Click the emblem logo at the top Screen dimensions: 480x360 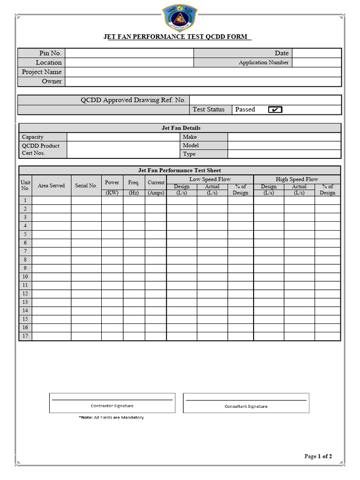180,17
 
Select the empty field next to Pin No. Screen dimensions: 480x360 129,53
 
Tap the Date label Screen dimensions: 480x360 281,53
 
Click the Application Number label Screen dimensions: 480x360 263,62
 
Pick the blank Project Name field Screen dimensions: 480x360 202,72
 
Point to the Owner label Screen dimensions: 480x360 52,81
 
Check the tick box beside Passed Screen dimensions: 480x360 275,110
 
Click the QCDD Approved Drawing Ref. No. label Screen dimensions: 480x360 133,100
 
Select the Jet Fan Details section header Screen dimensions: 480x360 180,127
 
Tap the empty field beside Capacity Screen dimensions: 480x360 123,137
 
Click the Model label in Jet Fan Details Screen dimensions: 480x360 191,145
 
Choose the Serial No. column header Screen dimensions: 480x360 86,186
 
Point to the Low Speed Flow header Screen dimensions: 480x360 210,179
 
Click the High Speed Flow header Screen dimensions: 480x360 297,179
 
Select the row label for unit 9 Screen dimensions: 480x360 25,268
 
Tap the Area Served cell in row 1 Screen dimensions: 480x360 52,200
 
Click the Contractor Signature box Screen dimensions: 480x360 112,403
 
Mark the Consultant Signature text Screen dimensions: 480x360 246,406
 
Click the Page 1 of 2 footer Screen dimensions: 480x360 318,456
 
